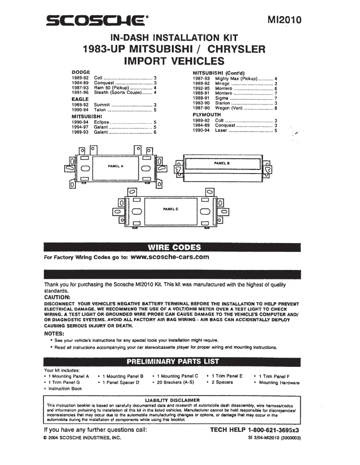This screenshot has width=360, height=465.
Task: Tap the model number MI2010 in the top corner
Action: point(284,20)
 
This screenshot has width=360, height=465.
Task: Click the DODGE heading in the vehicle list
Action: point(81,72)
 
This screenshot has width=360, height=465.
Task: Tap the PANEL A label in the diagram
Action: point(115,166)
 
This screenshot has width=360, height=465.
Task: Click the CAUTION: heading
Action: point(57,297)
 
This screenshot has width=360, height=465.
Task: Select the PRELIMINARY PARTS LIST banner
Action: point(173,361)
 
